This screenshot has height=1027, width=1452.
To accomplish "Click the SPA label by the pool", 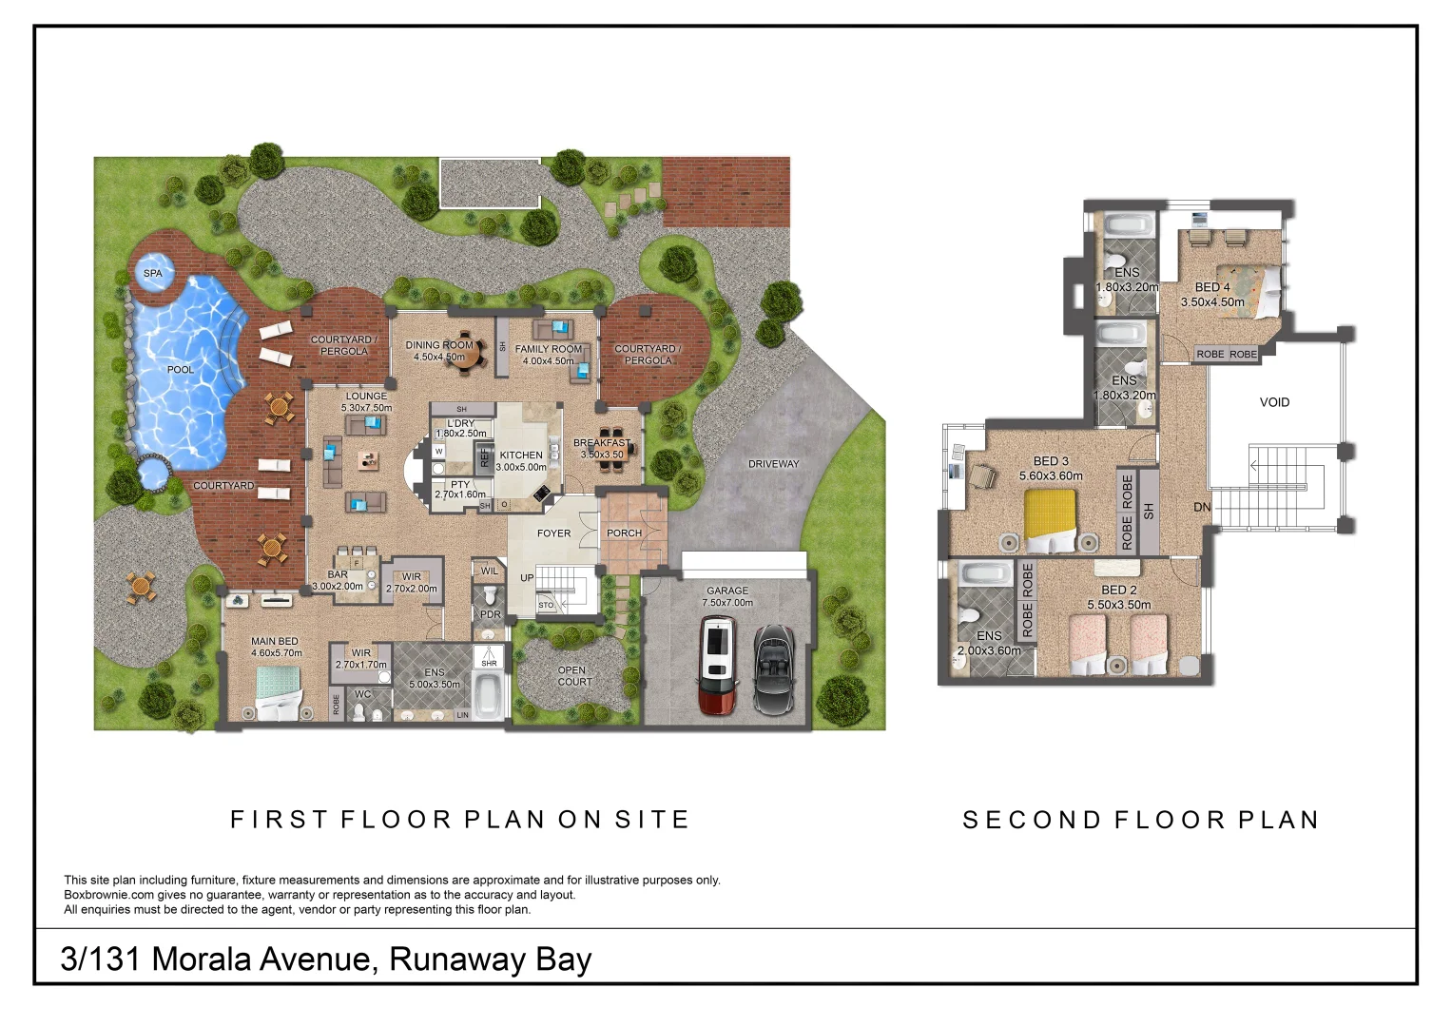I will coord(152,273).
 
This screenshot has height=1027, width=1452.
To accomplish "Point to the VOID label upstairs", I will coord(1274,402).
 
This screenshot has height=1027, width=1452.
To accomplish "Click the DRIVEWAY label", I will coord(773,464).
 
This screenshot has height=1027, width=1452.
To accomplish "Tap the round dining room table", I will coord(463,355).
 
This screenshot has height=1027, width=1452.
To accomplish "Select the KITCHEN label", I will coord(521,455).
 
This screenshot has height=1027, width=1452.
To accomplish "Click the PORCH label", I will coord(624,533).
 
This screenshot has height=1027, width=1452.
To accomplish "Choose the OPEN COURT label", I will coord(574,676).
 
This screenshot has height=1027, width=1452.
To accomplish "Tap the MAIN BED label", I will coord(275,641).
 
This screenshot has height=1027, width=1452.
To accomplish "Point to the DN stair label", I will coord(1202,507).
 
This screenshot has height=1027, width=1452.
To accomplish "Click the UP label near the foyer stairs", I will coord(527,577).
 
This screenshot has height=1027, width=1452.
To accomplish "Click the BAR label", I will coord(338,574).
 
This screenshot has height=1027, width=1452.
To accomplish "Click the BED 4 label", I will coord(1212,287).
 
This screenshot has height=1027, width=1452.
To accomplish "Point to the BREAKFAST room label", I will coord(601,443).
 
